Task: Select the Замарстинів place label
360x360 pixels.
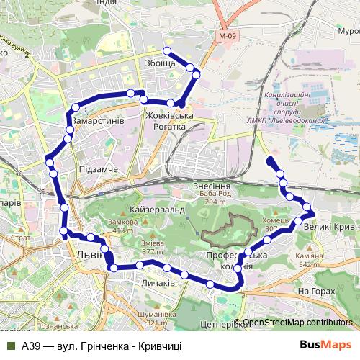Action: (99, 120)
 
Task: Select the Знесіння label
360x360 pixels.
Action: (211, 185)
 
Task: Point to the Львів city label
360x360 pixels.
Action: (91, 256)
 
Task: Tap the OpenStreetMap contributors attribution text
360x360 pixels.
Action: (296, 323)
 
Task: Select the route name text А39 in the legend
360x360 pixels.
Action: (32, 346)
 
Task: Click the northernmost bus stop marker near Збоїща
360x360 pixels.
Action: (167, 50)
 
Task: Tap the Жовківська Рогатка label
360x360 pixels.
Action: (170, 121)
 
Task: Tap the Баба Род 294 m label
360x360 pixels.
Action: (212, 198)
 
